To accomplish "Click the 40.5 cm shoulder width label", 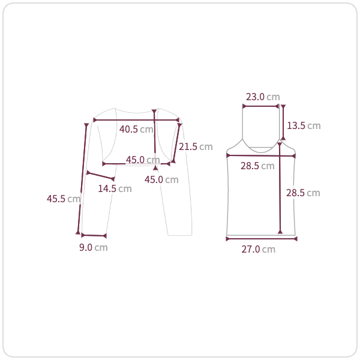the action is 136,129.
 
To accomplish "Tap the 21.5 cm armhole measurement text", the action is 196,147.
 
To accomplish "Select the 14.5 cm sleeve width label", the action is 115,189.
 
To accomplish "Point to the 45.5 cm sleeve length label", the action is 64,199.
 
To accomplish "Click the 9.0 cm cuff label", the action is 94,247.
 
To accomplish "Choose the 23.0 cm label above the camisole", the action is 263,97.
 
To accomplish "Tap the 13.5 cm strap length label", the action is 304,126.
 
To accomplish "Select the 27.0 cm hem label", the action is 258,250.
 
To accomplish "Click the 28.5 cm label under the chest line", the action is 257,166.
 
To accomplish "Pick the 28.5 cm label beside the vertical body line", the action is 303,193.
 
